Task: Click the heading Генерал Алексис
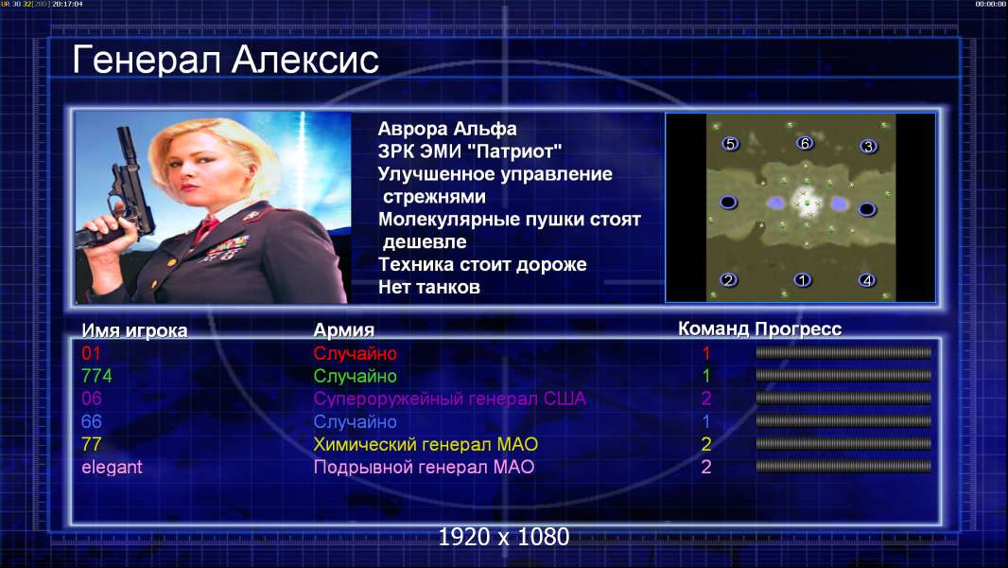(x=225, y=60)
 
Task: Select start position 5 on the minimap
(x=730, y=144)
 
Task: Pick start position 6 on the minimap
(x=805, y=143)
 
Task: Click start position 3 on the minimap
(x=868, y=146)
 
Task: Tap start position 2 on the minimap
(x=728, y=280)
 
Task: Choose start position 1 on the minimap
(x=802, y=280)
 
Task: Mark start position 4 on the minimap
(x=867, y=280)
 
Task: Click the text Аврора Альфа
(x=446, y=129)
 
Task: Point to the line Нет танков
(x=428, y=287)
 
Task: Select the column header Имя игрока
(x=134, y=330)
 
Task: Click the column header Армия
(x=343, y=330)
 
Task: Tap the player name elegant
(x=112, y=467)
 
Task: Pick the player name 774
(x=96, y=376)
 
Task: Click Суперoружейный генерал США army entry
(x=449, y=399)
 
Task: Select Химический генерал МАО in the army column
(x=426, y=445)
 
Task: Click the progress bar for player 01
(x=843, y=352)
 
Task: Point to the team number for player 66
(x=705, y=421)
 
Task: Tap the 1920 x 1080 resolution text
(x=504, y=537)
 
